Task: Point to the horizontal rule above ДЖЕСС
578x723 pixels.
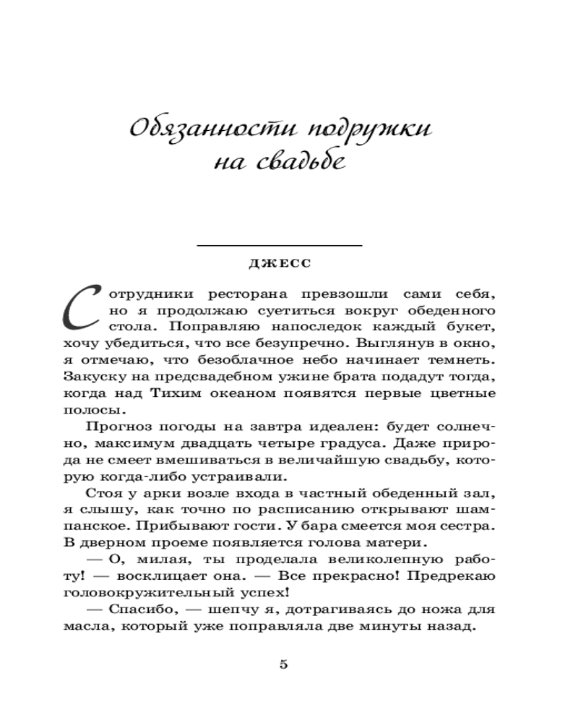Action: pyautogui.click(x=279, y=247)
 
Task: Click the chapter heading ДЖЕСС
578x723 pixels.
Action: pyautogui.click(x=279, y=263)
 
